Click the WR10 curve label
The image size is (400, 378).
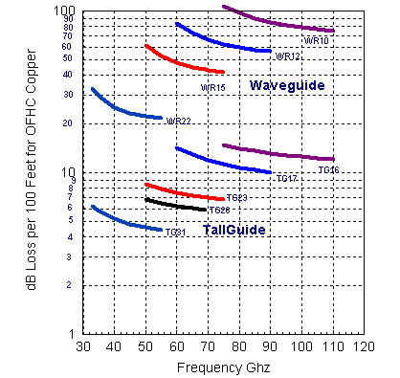316,41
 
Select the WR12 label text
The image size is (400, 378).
288,57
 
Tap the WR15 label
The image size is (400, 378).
212,88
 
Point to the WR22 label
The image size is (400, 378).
177,122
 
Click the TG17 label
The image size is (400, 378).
287,179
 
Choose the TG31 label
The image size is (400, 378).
175,233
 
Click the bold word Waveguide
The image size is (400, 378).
287,86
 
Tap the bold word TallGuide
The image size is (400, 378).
233,231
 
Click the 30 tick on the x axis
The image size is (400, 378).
82,345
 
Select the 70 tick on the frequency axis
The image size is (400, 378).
208,345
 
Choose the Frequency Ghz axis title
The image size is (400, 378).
222,367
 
